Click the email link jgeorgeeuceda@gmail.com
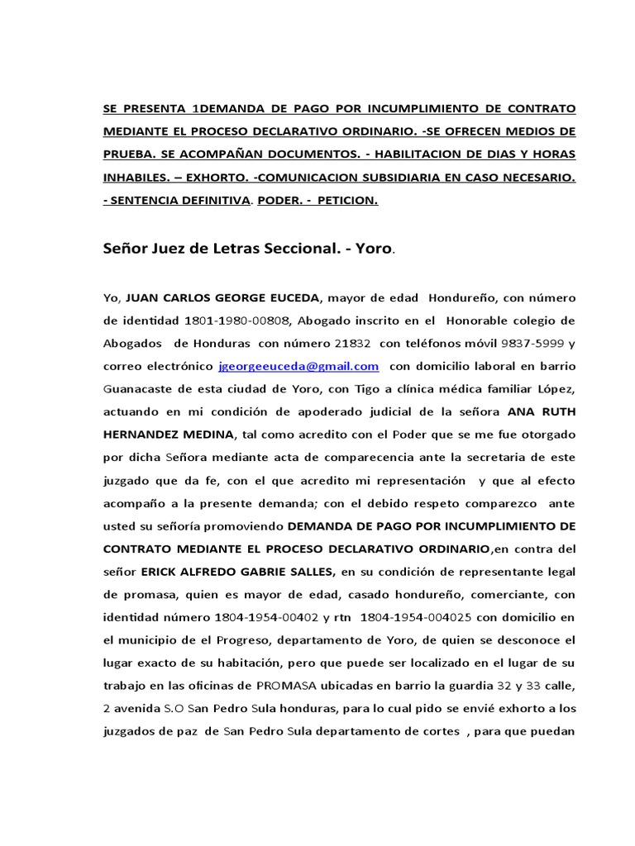tap(298, 365)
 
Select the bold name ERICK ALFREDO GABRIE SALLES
tap(238, 571)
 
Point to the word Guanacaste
tap(141, 388)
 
